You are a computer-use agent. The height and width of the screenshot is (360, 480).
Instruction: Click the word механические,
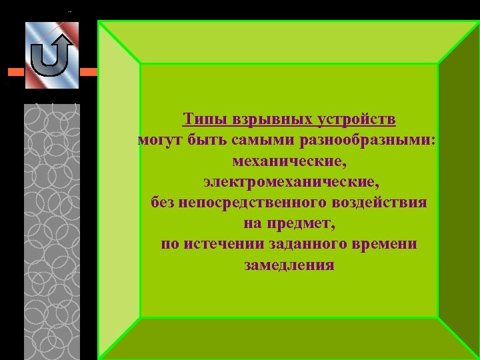[289, 161]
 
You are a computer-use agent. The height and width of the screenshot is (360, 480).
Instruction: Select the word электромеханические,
[289, 181]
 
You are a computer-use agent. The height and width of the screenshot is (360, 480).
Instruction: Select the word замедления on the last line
[289, 265]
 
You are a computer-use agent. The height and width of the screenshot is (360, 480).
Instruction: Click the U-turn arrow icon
[52, 56]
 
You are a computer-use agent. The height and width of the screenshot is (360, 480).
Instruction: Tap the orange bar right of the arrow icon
[88, 71]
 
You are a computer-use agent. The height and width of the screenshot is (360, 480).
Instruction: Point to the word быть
[202, 140]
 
